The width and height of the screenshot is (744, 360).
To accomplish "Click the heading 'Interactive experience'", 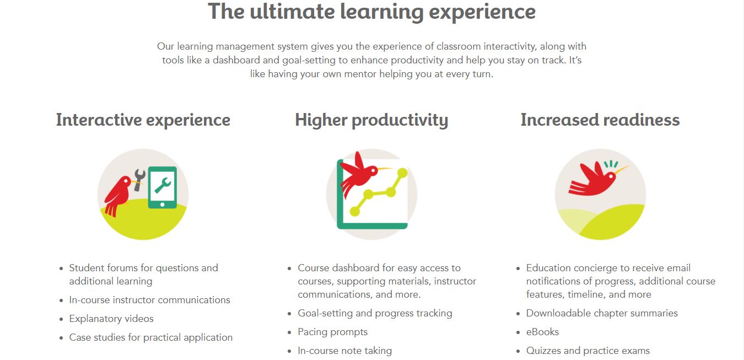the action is (143, 120).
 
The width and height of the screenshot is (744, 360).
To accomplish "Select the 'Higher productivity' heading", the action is (371, 120).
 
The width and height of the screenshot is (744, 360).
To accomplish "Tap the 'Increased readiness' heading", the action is (600, 120).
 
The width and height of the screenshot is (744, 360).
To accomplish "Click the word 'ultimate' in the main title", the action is (292, 12).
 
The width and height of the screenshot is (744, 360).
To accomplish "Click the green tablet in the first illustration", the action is (163, 187).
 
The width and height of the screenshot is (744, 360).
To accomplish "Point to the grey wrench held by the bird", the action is (139, 180).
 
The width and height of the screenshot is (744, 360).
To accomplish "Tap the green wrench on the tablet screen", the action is (163, 185).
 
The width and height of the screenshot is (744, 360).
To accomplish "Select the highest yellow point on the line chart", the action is (402, 173).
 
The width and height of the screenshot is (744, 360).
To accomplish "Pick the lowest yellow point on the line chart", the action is (355, 211).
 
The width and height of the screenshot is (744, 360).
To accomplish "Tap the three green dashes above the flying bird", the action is (611, 164).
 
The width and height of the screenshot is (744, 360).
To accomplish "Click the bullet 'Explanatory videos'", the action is (111, 319).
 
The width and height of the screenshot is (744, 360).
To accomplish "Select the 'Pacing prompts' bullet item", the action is (332, 332).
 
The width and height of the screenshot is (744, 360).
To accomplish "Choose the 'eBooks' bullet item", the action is (542, 332).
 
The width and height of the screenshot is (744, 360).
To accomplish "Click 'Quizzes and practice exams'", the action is (588, 351).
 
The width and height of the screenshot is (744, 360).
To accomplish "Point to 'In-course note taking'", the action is (345, 351).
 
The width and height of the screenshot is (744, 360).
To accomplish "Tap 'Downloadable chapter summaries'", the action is (602, 313).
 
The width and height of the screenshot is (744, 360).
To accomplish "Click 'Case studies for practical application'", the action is (151, 337).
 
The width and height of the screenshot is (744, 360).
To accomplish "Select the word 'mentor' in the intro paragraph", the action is (360, 74).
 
